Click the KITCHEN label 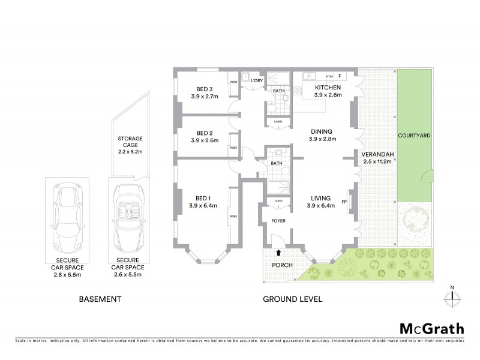coord(328,88)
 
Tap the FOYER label coord(278,221)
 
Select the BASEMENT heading coord(101,299)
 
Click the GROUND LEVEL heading coord(293,299)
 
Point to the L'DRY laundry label coord(257,81)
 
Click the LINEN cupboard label coord(277,122)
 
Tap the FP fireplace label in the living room coord(344,202)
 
